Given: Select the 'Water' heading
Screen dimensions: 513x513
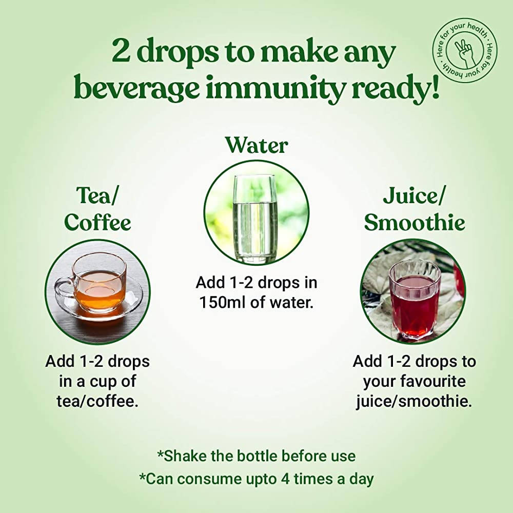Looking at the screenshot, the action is pyautogui.click(x=256, y=145).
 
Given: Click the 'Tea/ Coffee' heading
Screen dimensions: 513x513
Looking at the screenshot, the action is pyautogui.click(x=97, y=209).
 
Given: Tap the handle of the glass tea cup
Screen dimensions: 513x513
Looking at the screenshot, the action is pyautogui.click(x=64, y=287).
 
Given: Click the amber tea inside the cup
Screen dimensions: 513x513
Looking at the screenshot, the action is pyautogui.click(x=101, y=288).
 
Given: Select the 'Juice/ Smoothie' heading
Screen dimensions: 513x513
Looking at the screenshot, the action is pyautogui.click(x=414, y=209).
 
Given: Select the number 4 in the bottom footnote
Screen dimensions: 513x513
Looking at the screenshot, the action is pyautogui.click(x=285, y=479).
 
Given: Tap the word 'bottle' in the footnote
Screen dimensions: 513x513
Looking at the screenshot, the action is pyautogui.click(x=261, y=456).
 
